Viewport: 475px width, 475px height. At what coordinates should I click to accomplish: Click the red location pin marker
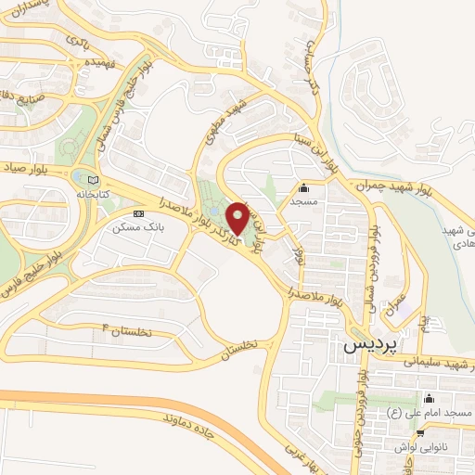click(x=238, y=217)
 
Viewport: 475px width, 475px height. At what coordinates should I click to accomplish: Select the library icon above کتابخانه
click(x=90, y=180)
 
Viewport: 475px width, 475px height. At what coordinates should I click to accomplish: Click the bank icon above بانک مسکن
click(x=139, y=213)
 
